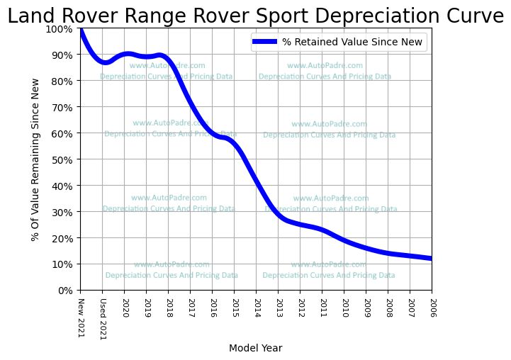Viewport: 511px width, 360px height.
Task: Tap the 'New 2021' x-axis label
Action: coord(81,315)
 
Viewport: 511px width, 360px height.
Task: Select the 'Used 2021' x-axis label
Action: coord(103,318)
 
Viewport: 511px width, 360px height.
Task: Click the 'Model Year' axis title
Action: coord(256,348)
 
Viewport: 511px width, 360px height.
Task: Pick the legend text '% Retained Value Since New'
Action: coord(352,43)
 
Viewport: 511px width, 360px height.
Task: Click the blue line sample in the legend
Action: coord(264,43)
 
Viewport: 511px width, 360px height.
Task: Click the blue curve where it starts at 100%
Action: coord(81,30)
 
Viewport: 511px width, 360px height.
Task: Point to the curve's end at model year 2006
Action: coord(430,258)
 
